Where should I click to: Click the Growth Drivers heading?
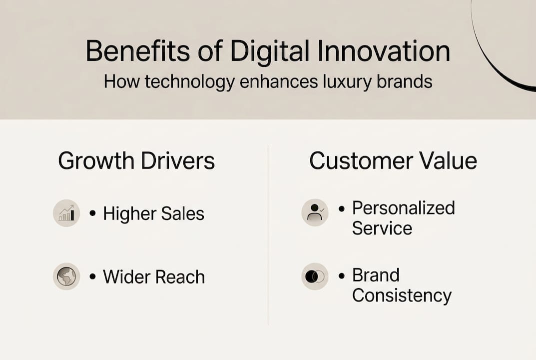click(136, 161)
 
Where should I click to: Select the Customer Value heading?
click(393, 161)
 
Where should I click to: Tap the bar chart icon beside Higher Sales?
click(66, 213)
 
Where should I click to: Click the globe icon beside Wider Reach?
click(66, 276)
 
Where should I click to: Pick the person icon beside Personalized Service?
click(315, 212)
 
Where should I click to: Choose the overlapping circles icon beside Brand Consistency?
click(315, 276)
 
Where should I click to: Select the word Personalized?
click(403, 207)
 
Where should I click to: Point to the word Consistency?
click(402, 295)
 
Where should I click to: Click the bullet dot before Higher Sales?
click(92, 213)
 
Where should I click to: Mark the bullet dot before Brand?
click(342, 276)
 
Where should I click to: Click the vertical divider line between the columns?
click(268, 235)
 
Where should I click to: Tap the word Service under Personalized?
click(382, 228)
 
